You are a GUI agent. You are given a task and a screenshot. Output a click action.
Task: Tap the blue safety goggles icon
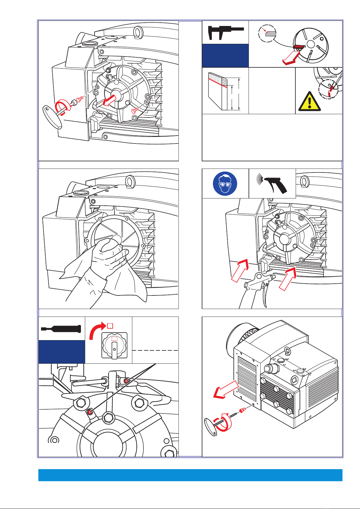(225, 183)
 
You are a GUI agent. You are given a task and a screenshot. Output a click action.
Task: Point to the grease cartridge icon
(61, 329)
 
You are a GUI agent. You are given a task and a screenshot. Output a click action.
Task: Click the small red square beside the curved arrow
(110, 325)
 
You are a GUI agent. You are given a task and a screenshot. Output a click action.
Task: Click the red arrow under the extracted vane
(290, 58)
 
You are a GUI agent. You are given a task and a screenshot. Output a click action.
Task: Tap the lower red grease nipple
(90, 411)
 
